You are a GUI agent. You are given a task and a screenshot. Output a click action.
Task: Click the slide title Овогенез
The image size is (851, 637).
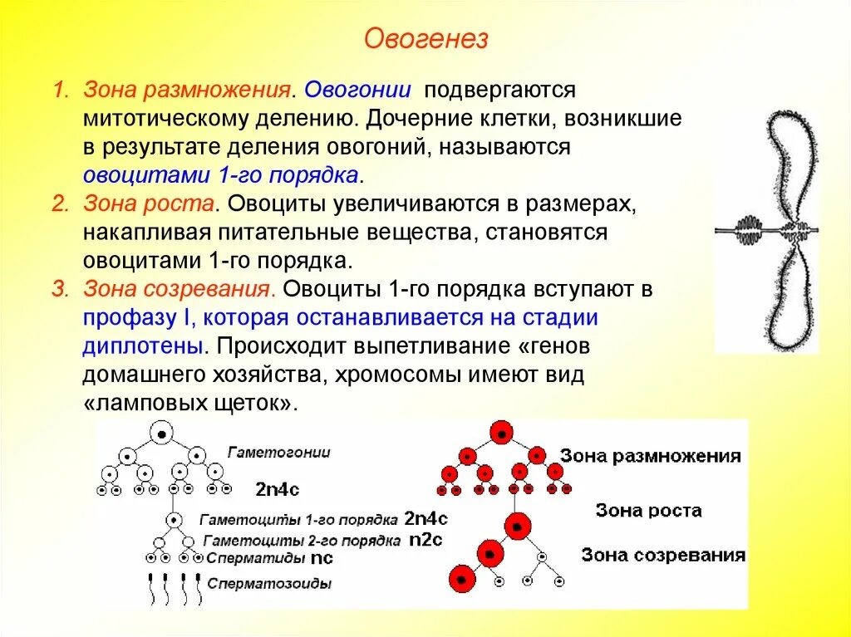[x=425, y=40]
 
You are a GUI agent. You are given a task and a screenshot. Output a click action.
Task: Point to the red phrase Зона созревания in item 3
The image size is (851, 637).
[x=178, y=290]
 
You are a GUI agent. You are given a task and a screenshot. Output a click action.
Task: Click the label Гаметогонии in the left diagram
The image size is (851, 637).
[x=278, y=453]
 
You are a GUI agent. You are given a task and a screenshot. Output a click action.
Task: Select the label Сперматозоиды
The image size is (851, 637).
[x=269, y=584]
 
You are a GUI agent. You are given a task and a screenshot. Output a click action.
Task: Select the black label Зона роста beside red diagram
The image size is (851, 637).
[x=648, y=511]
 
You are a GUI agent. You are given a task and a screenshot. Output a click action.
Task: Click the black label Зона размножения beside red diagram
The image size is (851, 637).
[x=650, y=457]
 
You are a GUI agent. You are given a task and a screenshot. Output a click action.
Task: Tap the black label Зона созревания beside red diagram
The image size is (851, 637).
[x=662, y=555]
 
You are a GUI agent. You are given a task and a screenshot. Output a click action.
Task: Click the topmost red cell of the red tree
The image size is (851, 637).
[x=500, y=432]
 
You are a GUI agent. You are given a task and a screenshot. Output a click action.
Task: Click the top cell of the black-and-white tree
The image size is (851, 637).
[x=163, y=433]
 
